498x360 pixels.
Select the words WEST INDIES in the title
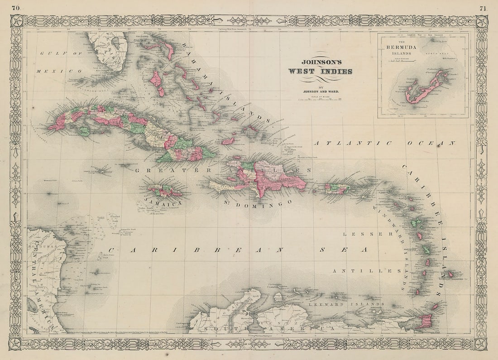(320, 72)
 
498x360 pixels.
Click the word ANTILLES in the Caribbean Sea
(367, 271)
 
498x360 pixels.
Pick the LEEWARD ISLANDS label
(346, 304)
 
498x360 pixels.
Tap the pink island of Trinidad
(425, 321)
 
